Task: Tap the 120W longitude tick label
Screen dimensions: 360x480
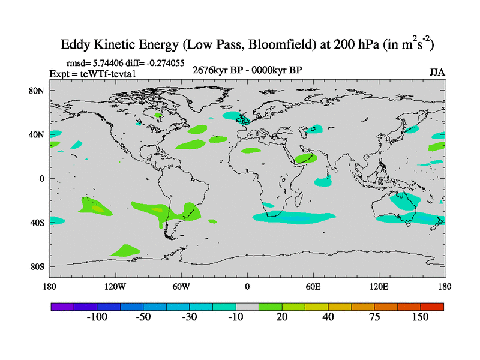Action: coord(114,286)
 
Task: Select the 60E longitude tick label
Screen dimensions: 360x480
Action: coord(313,286)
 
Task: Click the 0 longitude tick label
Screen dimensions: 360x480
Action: coord(247,286)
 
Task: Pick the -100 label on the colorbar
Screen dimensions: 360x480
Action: coord(97,317)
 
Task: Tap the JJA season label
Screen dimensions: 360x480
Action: coord(437,73)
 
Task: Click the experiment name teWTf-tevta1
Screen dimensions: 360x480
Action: coord(101,73)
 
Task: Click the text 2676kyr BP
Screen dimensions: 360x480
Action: coord(214,70)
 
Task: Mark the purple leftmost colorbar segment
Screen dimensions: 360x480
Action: coord(62,307)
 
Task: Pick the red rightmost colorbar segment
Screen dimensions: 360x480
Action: coord(433,307)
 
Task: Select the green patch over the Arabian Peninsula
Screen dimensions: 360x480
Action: coord(306,158)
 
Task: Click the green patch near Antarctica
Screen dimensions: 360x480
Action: coord(125,250)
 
